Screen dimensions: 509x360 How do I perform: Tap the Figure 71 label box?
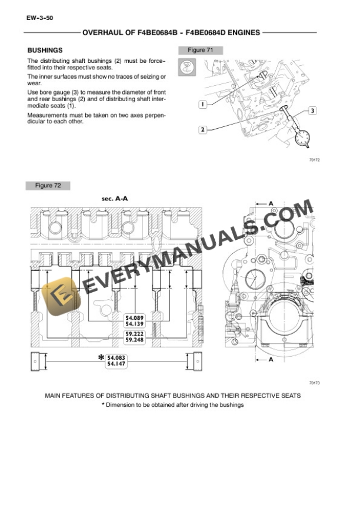coord(200,51)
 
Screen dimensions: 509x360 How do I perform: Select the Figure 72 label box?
coord(48,186)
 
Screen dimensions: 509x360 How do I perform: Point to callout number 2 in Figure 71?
coord(202,129)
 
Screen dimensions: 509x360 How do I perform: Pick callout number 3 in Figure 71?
coord(312,110)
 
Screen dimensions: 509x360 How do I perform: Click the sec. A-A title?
coord(115,199)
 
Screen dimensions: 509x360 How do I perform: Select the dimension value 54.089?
coord(135,318)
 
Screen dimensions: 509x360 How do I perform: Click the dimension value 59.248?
coord(135,340)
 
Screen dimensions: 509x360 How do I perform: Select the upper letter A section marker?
coord(271,203)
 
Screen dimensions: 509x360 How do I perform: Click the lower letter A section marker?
coord(271,360)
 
